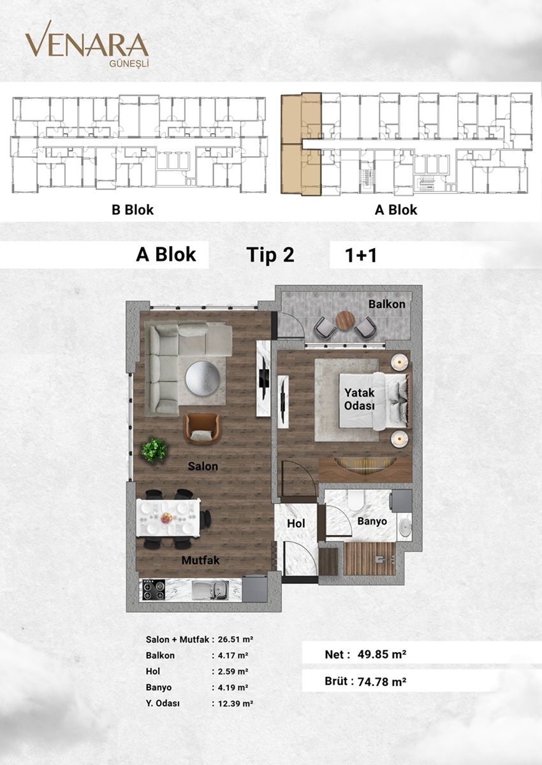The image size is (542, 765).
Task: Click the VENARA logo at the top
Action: click(x=87, y=46)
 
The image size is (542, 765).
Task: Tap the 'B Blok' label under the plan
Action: click(x=133, y=209)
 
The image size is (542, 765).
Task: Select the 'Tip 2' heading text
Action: click(x=270, y=255)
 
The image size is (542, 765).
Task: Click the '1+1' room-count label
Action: click(x=362, y=256)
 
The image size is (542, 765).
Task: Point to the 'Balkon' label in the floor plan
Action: click(x=386, y=304)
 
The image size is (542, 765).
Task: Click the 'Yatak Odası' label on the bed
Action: click(x=359, y=399)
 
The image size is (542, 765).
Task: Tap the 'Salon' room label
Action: click(x=203, y=466)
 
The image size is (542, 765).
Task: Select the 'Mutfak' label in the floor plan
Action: click(x=201, y=560)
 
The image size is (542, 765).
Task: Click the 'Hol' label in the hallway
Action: click(x=297, y=523)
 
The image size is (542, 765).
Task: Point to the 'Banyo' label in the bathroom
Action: click(x=372, y=521)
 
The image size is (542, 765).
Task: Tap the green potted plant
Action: click(x=154, y=449)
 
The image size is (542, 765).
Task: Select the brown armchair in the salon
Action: click(x=203, y=428)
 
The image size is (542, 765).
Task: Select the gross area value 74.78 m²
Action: click(x=380, y=681)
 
